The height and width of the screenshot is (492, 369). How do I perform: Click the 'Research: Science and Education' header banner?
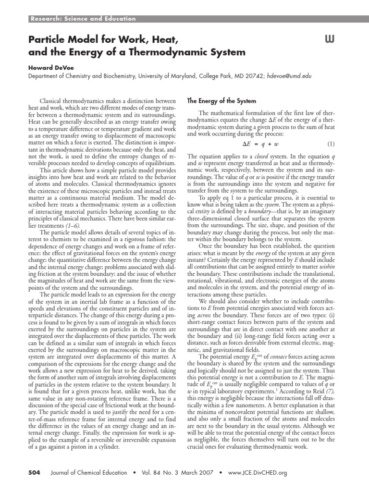click(x=83, y=19)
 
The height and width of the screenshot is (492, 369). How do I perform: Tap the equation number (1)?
click(x=331, y=144)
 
